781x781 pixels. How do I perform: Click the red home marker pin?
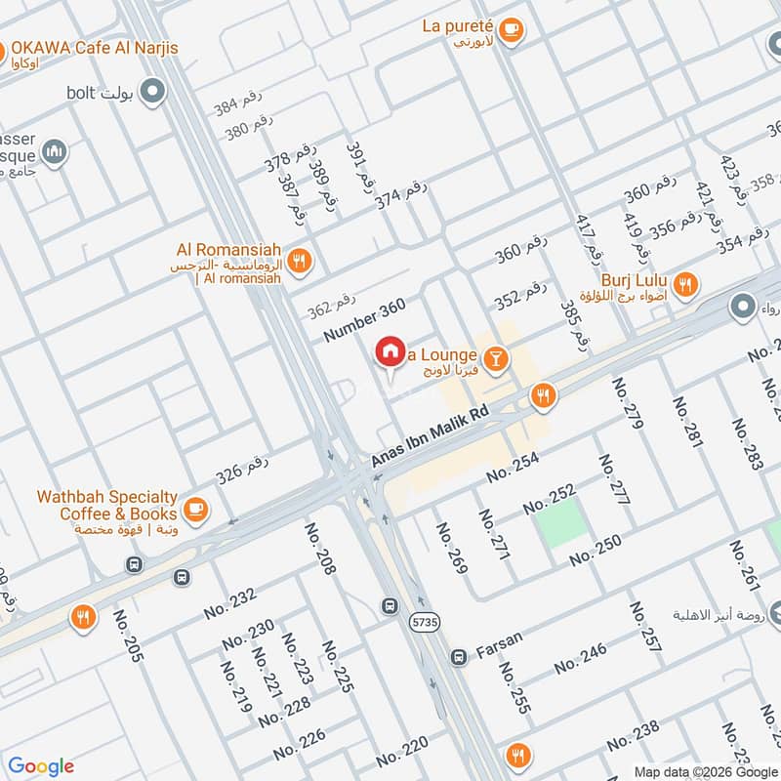click(390, 352)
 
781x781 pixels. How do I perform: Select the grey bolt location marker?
click(151, 93)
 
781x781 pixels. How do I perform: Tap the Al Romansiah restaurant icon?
click(300, 260)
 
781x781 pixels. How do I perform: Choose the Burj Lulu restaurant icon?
click(686, 284)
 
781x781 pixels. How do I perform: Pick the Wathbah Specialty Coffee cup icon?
click(196, 509)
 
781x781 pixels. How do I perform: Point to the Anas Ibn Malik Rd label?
click(430, 436)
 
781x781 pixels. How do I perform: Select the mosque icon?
click(55, 152)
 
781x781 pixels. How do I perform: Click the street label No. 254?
click(513, 472)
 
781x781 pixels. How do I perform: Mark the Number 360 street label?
click(364, 320)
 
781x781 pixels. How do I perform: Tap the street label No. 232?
click(229, 603)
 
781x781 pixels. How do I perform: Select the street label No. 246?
click(580, 660)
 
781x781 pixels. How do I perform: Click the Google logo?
click(41, 765)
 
